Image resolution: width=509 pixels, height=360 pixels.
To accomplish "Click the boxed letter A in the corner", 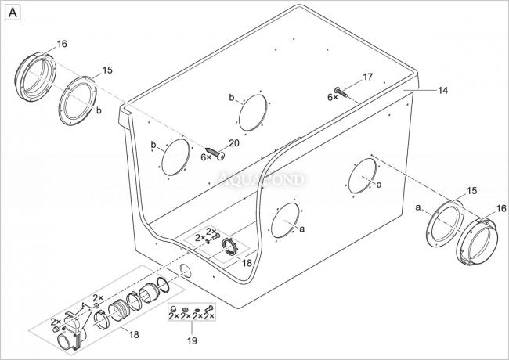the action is [13, 13].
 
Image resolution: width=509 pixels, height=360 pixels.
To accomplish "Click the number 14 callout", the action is [442, 91].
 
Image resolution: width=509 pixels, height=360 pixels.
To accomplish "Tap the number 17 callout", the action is [367, 77].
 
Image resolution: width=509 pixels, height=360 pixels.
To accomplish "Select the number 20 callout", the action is [233, 142].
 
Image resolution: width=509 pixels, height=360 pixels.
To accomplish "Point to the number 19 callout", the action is [192, 340].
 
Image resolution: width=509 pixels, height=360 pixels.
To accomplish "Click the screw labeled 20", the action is [215, 153].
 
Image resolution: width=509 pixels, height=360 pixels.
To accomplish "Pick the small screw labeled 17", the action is [341, 92].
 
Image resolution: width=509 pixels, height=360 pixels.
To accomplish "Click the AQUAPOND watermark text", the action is [262, 179].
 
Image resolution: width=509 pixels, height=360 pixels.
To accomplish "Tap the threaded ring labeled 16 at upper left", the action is [36, 77].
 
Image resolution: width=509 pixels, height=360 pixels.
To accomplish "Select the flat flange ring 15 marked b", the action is [78, 101].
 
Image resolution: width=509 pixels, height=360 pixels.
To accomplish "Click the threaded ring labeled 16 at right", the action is [477, 241].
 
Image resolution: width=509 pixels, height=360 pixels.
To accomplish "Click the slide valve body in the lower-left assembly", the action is [74, 329].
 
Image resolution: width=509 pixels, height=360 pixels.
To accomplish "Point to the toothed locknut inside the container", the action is [230, 247].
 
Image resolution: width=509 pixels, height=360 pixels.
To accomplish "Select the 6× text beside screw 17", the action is [332, 97].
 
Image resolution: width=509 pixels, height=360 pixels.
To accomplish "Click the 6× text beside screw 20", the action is [206, 157].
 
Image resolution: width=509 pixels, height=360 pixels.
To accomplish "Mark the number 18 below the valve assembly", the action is [134, 334].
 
